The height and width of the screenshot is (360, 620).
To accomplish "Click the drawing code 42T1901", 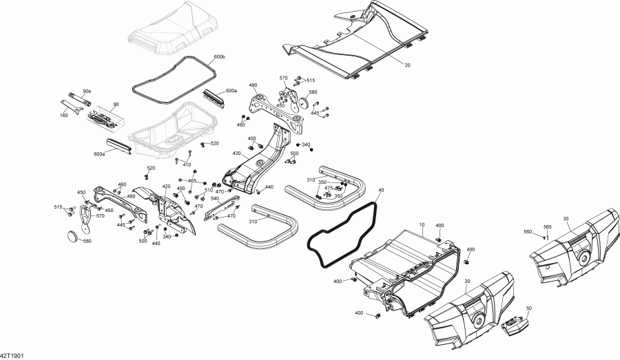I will point(13,355).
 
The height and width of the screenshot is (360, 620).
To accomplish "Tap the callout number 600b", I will point(220,55).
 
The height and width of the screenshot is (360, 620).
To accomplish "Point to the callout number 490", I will point(253,85).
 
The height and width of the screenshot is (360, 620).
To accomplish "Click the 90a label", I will point(87,91).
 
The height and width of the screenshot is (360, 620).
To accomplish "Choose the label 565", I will point(548,226).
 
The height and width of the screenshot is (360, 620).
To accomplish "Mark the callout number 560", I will point(528,231).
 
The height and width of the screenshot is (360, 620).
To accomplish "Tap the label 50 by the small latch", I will point(529,308).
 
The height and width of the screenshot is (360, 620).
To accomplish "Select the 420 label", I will point(166,186).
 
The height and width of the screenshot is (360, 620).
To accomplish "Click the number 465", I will point(192,180).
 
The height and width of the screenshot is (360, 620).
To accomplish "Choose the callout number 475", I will point(329,187).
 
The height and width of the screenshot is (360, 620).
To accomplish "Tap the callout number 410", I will point(187,165).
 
